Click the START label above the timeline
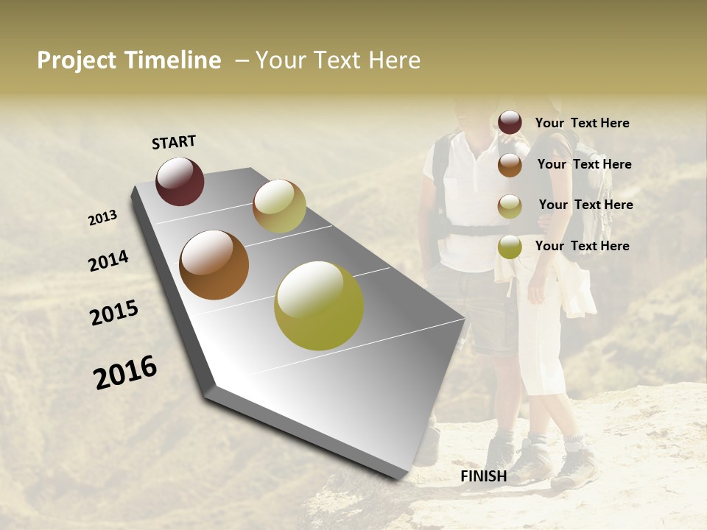click(x=174, y=142)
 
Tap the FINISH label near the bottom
click(x=484, y=476)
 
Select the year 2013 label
click(x=102, y=218)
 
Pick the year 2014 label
click(x=108, y=261)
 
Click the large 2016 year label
click(x=125, y=372)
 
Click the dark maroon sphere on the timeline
click(x=180, y=181)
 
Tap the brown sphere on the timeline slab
click(x=214, y=265)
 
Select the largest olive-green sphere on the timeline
click(x=319, y=305)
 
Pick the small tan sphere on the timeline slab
click(x=279, y=206)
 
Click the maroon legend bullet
click(x=510, y=123)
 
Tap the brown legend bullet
click(x=510, y=165)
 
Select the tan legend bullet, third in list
click(x=510, y=206)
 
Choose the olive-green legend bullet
click(x=510, y=247)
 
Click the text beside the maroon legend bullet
click(x=582, y=124)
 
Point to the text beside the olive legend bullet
click(x=582, y=246)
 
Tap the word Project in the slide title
click(x=75, y=61)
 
